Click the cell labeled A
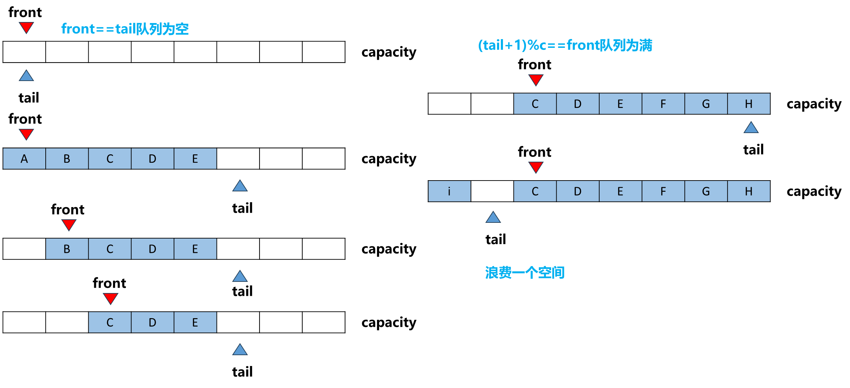(24, 159)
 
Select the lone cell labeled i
(449, 191)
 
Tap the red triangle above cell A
(26, 134)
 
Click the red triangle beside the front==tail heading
(26, 27)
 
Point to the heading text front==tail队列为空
(125, 29)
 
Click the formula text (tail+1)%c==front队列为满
(565, 45)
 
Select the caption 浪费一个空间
(525, 272)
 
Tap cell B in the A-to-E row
(67, 159)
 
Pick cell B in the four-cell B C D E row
(67, 249)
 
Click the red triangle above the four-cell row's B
(69, 225)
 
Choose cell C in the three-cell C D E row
(110, 322)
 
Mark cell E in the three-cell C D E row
(195, 322)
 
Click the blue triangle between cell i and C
(493, 218)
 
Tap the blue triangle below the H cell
(751, 128)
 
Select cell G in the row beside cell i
(706, 191)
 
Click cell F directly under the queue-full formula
(663, 104)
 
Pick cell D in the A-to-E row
(152, 159)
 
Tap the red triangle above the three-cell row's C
(111, 298)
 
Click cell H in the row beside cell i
(749, 191)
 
